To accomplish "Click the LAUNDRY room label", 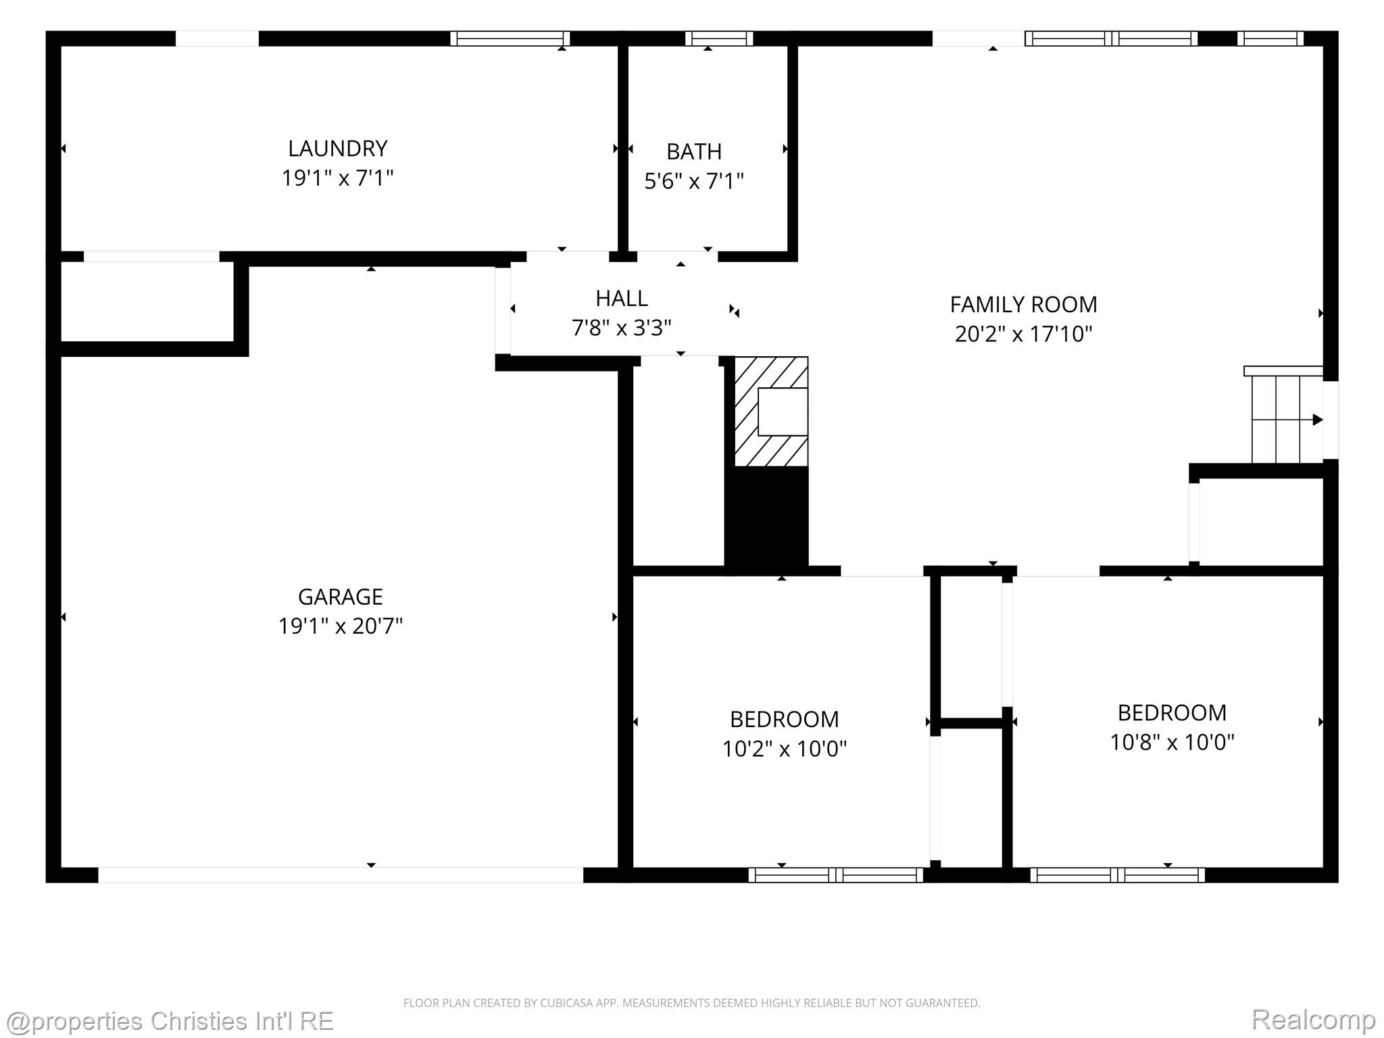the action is [337, 149].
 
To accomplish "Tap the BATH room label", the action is [694, 151].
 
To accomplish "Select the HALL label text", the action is [622, 298].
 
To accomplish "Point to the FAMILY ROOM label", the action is [1023, 305].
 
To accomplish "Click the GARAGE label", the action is [341, 597].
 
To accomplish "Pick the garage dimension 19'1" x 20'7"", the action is [341, 626].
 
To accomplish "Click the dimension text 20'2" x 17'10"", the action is [1023, 334].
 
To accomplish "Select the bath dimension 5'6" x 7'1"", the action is [694, 181].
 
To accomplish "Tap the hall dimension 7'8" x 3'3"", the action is [622, 328].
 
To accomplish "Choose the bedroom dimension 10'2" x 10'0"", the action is [785, 749].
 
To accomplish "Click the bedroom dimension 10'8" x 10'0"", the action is [1172, 742].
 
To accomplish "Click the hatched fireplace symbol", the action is [771, 412].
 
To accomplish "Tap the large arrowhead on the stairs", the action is [1317, 420].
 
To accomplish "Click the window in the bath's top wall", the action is [719, 39].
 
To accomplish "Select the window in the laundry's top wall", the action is [510, 39].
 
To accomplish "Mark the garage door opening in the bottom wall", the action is [341, 874].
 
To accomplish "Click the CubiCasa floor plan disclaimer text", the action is [692, 1003].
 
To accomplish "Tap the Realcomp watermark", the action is [1313, 1020].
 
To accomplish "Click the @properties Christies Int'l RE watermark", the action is [169, 1020].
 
